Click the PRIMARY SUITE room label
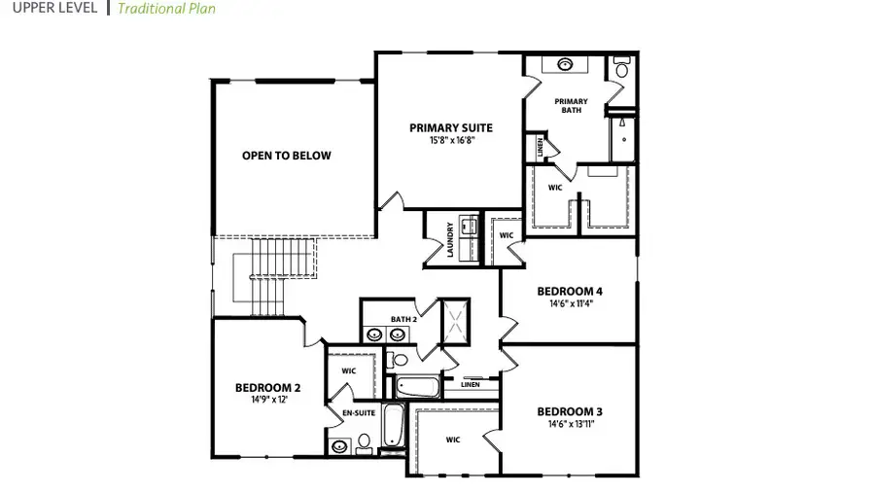click(450, 127)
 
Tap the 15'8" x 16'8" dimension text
click(450, 140)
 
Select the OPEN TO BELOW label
click(287, 156)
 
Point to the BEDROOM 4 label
click(570, 291)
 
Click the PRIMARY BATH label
click(572, 105)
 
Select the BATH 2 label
click(403, 318)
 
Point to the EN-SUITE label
click(358, 413)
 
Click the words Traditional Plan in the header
click(166, 9)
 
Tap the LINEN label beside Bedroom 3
click(471, 385)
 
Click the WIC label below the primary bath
click(555, 187)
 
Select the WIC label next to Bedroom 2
click(349, 370)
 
